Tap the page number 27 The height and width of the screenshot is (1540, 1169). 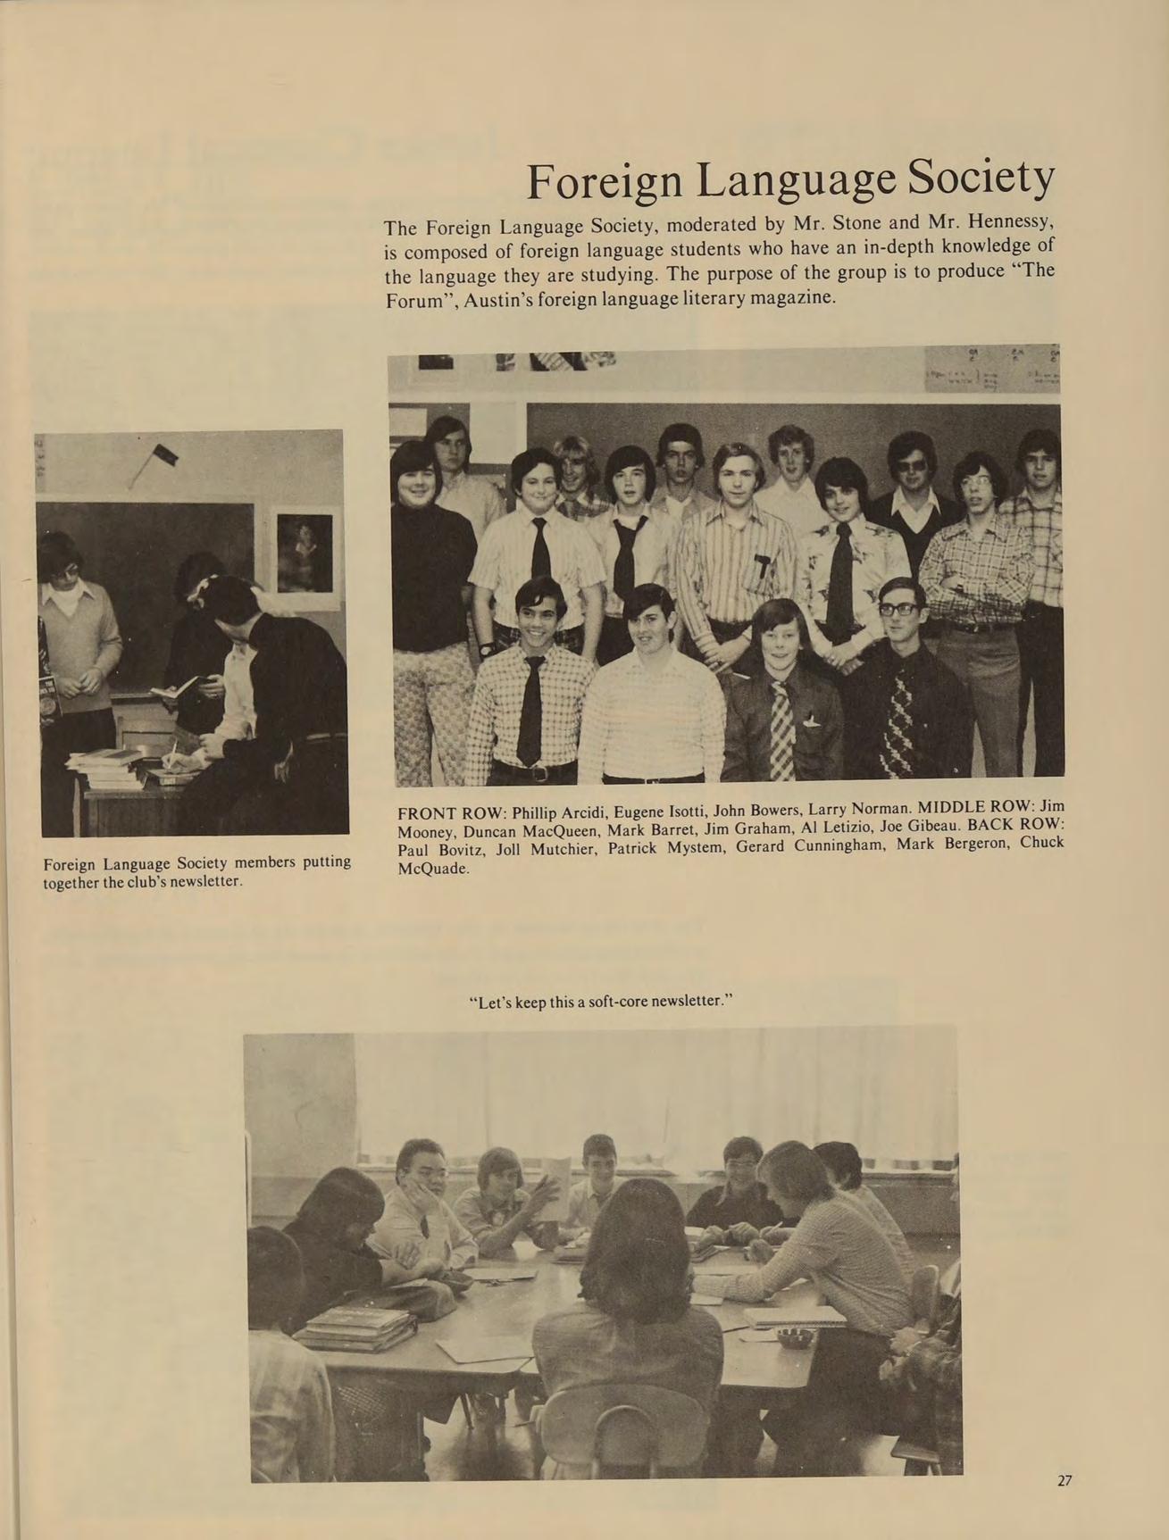tap(1064, 1481)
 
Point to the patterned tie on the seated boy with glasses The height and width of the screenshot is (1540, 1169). tap(898, 723)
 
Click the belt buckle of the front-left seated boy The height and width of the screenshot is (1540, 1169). tap(536, 773)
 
